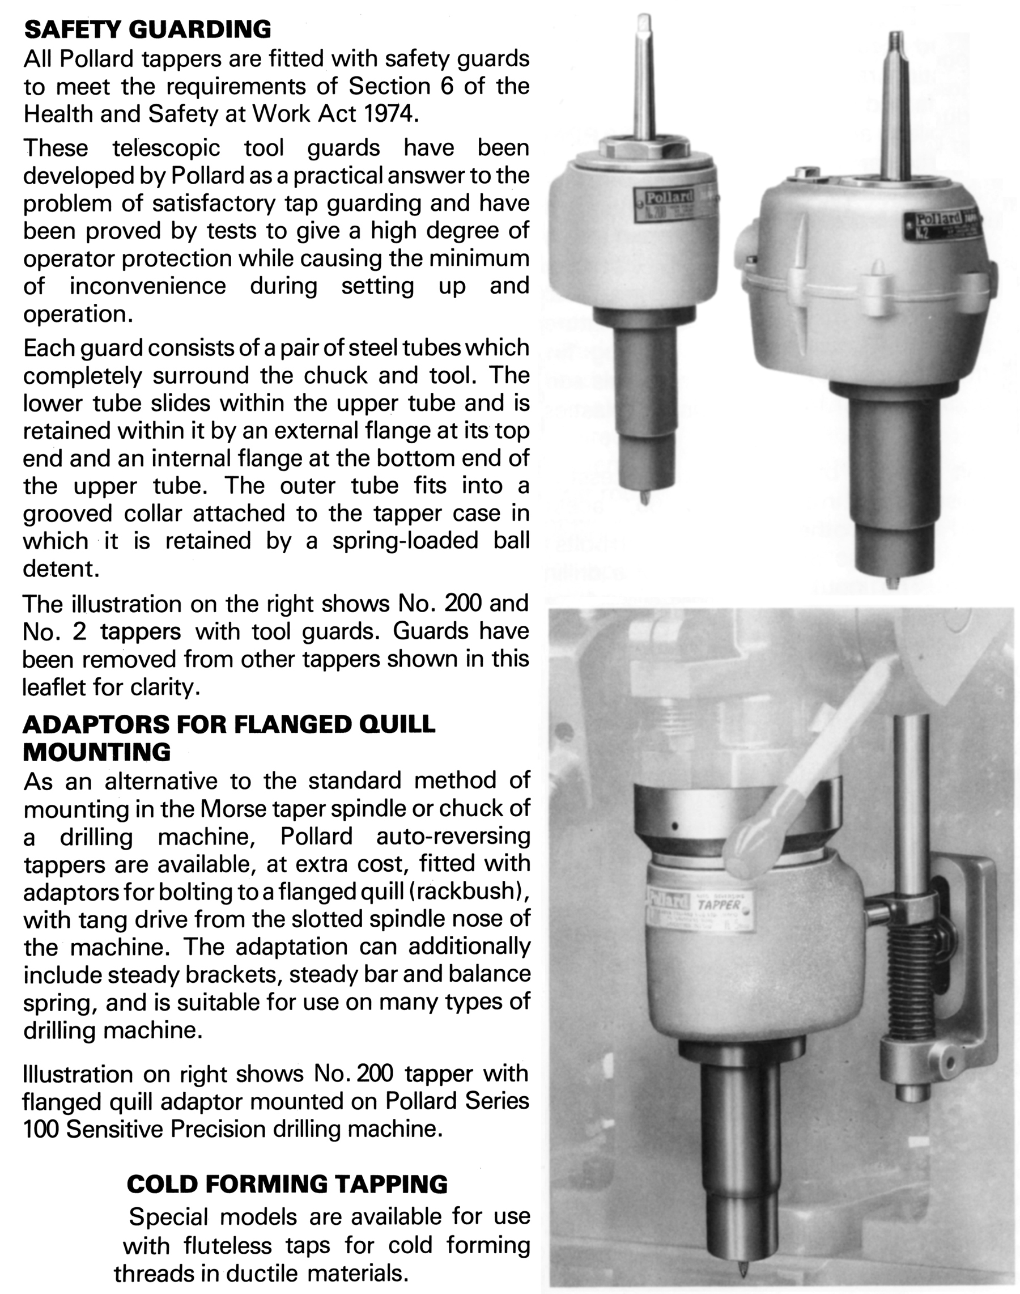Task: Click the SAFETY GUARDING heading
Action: click(x=147, y=29)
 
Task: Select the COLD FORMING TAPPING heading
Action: click(x=287, y=1184)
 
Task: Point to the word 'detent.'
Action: click(x=61, y=568)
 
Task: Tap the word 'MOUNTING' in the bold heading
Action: click(x=97, y=752)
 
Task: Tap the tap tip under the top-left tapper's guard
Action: click(x=645, y=497)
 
